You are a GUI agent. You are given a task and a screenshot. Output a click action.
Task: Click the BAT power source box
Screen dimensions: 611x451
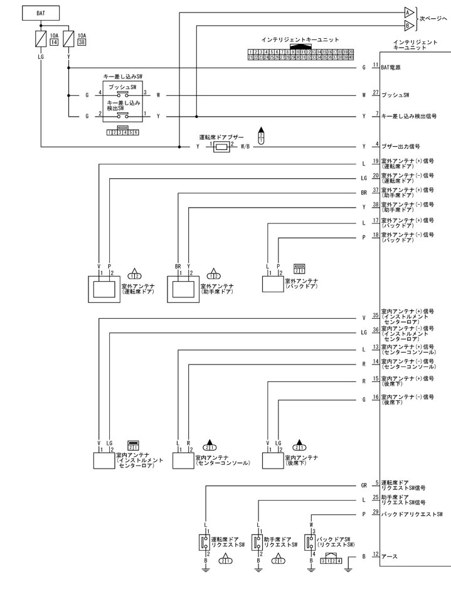point(41,12)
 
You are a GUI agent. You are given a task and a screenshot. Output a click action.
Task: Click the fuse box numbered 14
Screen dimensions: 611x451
point(54,43)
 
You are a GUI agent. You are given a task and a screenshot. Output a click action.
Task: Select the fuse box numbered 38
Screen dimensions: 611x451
point(82,43)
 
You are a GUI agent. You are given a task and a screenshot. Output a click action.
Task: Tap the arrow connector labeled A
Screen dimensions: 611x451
point(408,13)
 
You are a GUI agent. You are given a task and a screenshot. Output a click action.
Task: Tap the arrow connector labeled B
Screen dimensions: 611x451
point(408,26)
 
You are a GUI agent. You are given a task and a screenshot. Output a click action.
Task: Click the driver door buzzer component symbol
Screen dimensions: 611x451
point(221,147)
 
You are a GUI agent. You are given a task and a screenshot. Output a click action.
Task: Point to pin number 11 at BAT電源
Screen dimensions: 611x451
point(376,65)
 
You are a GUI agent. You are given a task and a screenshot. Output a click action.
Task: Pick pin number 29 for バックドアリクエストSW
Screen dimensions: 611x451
point(376,513)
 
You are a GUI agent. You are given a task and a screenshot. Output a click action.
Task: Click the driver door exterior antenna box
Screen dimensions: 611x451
point(100,289)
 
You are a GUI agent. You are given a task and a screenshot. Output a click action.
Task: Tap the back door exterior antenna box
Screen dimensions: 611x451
point(272,284)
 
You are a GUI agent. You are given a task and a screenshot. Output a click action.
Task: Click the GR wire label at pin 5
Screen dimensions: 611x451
point(364,485)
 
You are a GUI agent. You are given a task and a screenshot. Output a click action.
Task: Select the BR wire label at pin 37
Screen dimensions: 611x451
point(364,193)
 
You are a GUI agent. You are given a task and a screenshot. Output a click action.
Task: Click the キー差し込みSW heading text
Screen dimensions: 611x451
point(123,75)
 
